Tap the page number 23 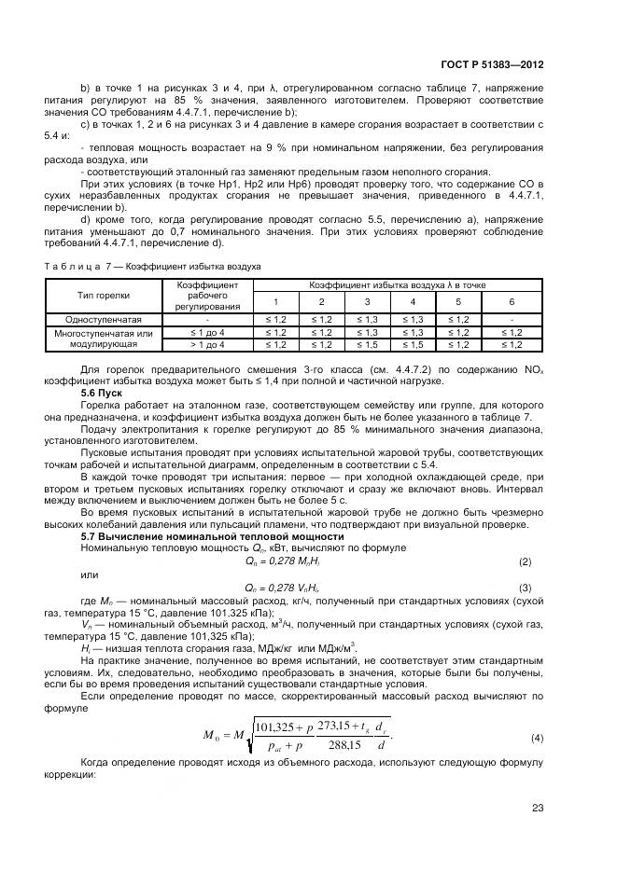[537, 808]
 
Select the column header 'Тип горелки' [104, 295]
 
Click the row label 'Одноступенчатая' [104, 318]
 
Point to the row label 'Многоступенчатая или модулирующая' [104, 338]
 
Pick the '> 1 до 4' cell [207, 344]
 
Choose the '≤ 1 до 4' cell [207, 331]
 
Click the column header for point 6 [512, 301]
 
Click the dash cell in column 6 [512, 318]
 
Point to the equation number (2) [525, 562]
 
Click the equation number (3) [525, 588]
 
